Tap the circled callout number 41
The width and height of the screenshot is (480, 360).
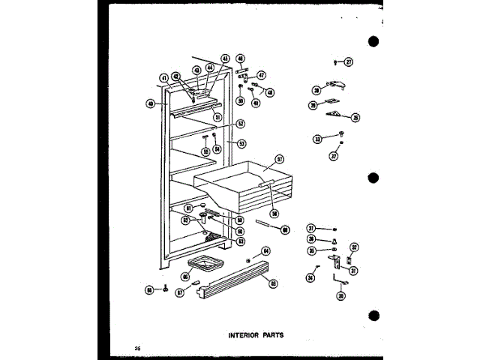[163, 77]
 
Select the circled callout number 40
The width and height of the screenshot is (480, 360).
[151, 104]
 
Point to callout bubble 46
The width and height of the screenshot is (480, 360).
[240, 58]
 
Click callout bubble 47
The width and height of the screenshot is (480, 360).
[261, 75]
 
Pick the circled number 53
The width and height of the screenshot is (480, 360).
[241, 142]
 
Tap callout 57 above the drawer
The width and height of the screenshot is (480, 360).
[279, 158]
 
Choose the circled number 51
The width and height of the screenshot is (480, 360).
[216, 117]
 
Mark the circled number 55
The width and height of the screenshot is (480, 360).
[204, 150]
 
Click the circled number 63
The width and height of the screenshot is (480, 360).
[240, 241]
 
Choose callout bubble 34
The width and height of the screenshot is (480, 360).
[311, 279]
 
